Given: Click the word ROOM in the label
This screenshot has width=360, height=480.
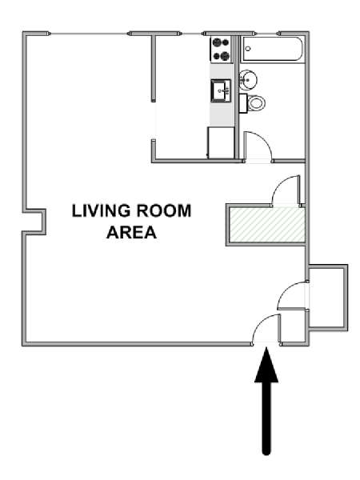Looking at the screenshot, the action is [164, 211].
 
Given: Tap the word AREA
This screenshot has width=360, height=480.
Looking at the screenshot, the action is [131, 232].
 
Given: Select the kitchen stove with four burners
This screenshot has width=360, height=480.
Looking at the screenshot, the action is [221, 49].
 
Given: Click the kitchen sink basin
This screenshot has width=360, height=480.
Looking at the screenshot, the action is [221, 90].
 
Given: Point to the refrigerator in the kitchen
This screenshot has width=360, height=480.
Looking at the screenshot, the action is [221, 142].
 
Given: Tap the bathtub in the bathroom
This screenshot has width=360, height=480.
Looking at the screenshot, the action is [273, 50].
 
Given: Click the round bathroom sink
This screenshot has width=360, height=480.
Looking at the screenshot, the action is [248, 80].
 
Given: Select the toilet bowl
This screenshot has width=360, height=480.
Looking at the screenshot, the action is [256, 103].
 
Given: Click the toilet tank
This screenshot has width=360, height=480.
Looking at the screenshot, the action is [242, 103].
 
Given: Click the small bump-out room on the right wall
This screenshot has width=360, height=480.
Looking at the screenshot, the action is [328, 298].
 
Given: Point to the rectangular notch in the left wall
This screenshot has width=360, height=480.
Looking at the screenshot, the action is [34, 222].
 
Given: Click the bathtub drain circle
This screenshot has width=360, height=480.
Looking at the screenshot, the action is [248, 49].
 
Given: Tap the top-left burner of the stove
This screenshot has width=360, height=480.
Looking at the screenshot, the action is [217, 42].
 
